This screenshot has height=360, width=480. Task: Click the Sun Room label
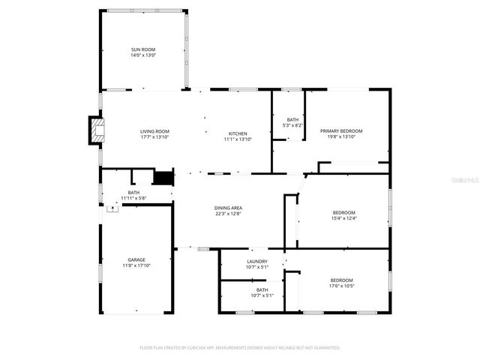143,49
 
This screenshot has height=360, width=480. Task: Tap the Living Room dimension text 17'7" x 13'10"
154,139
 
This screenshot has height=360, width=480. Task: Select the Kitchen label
238,133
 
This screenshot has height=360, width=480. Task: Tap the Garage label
136,259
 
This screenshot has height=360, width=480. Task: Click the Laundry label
257,262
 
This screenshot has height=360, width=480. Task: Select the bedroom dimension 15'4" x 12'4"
344,218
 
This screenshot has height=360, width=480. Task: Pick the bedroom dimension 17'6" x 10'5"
341,286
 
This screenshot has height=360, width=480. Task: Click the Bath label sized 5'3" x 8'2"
292,120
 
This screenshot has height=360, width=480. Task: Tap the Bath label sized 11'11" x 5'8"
133,193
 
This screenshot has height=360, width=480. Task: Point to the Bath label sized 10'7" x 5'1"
262,289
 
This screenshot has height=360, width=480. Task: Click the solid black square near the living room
163,178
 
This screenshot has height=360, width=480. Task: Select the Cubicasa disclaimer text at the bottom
240,347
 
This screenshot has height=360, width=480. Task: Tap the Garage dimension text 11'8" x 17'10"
136,265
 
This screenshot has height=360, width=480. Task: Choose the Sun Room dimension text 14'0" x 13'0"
143,55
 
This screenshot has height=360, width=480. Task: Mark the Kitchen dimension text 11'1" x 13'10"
238,139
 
